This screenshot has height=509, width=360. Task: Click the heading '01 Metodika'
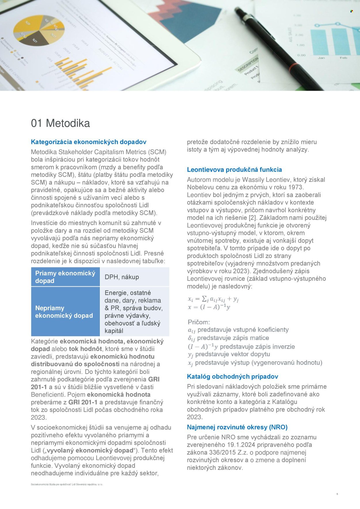pyautogui.click(x=60, y=123)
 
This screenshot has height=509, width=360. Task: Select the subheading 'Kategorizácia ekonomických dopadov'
pyautogui.click(x=88, y=142)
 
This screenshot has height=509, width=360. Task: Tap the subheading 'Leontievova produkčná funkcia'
pyautogui.click(x=234, y=170)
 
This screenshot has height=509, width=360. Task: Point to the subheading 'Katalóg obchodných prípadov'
pyautogui.click(x=232, y=377)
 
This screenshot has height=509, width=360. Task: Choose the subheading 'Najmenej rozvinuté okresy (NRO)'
pyautogui.click(x=237, y=427)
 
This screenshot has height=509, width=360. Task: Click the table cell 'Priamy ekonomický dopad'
pyautogui.click(x=65, y=277)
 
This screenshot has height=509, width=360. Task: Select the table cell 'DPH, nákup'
pyautogui.click(x=122, y=277)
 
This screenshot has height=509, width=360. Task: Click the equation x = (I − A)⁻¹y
pyautogui.click(x=209, y=307)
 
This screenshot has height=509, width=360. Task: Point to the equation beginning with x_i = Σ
pyautogui.click(x=213, y=299)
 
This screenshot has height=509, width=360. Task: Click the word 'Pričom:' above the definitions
pyautogui.click(x=199, y=322)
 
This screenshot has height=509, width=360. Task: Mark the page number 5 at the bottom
pyautogui.click(x=337, y=494)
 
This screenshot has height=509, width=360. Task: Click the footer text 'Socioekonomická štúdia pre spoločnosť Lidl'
pyautogui.click(x=67, y=485)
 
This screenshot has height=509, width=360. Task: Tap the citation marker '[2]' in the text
pyautogui.click(x=252, y=218)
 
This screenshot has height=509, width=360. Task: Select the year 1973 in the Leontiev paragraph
pyautogui.click(x=295, y=187)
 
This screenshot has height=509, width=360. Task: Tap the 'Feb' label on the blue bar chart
pyautogui.click(x=343, y=58)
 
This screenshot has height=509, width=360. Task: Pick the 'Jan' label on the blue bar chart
pyautogui.click(x=321, y=58)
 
